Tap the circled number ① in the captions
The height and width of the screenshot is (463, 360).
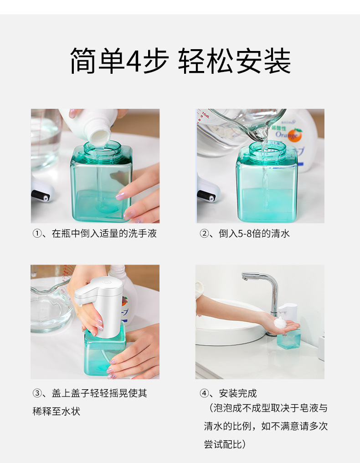36,234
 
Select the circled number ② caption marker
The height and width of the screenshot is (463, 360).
204,234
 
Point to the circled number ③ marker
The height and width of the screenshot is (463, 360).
36,393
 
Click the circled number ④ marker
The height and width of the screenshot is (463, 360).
204,393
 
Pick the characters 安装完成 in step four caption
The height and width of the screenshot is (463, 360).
238,393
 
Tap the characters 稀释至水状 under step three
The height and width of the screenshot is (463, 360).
56,411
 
